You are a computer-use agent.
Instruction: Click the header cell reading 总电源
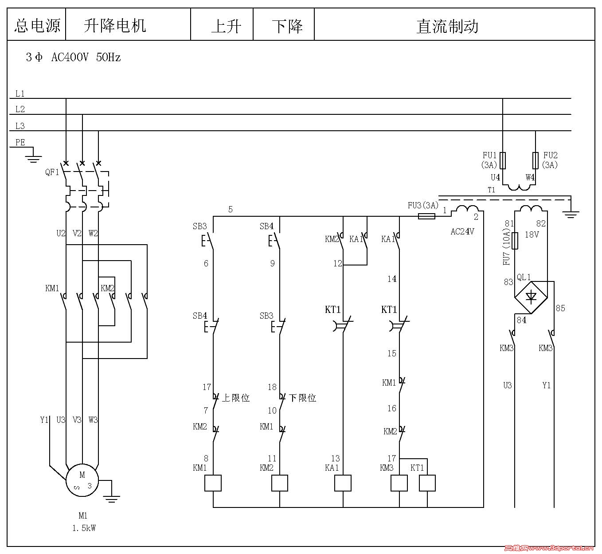tap(37, 25)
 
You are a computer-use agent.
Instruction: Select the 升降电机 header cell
tap(115, 25)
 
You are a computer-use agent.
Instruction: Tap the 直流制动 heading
tap(447, 26)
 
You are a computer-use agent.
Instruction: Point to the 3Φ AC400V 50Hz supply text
tap(73, 57)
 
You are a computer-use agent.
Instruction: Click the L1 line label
tap(20, 94)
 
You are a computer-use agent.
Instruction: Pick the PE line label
tap(20, 142)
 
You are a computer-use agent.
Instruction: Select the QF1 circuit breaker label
tap(52, 172)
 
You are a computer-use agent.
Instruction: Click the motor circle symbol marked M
tap(82, 480)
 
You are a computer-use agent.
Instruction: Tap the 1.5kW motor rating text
tap(84, 528)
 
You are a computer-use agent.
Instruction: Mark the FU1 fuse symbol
tap(503, 160)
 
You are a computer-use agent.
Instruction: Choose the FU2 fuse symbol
tap(536, 160)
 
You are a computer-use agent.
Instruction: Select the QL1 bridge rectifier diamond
tap(531, 297)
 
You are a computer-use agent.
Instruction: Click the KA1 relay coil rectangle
tap(343, 483)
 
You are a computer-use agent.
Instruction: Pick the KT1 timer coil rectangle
tap(427, 483)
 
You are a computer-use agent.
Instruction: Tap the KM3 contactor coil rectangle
tap(399, 483)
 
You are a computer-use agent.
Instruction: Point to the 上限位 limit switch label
tap(235, 398)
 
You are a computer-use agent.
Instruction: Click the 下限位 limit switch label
tap(302, 398)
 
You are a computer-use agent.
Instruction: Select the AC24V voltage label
tap(462, 231)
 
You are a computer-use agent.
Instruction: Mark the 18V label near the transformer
tap(532, 234)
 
